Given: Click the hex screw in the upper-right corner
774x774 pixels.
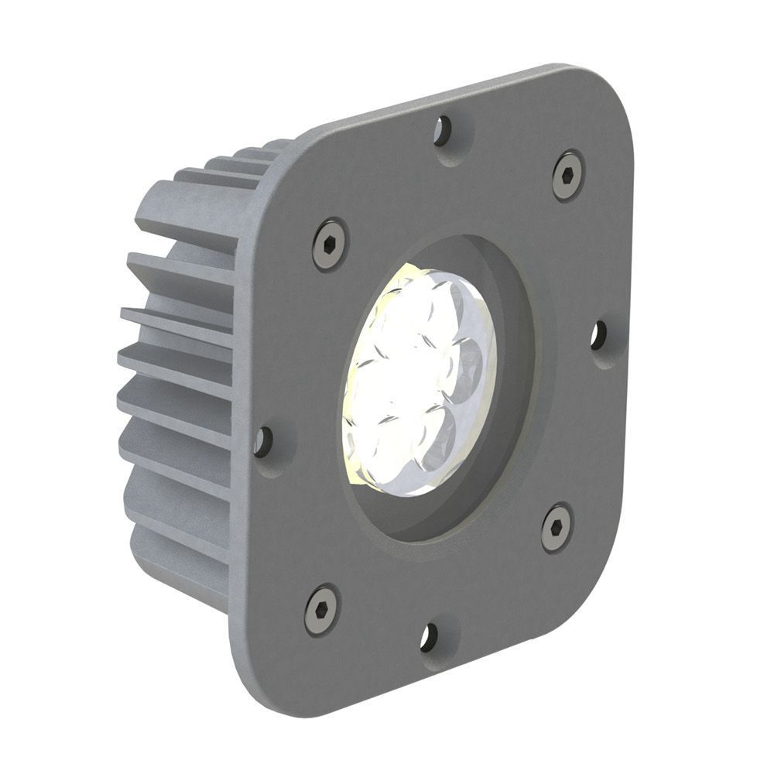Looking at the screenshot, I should (x=568, y=176).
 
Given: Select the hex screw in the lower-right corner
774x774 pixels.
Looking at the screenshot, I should (x=556, y=527).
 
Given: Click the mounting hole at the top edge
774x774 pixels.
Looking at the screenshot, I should (x=443, y=131).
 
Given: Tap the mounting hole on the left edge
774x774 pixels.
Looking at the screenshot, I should (x=263, y=441).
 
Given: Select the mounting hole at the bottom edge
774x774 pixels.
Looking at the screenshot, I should (x=428, y=637).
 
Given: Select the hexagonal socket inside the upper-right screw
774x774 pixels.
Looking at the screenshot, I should (x=569, y=176).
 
